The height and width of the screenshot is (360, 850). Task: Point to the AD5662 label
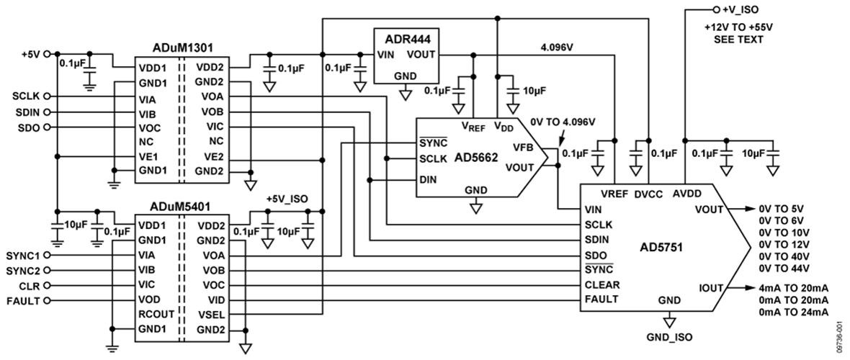pyautogui.click(x=478, y=156)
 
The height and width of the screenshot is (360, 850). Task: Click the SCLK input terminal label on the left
pyautogui.click(x=26, y=96)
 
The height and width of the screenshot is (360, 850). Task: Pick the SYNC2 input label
pyautogui.click(x=24, y=270)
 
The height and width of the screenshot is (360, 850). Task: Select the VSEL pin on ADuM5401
pyautogui.click(x=215, y=314)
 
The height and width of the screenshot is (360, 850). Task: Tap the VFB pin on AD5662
pyautogui.click(x=523, y=148)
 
